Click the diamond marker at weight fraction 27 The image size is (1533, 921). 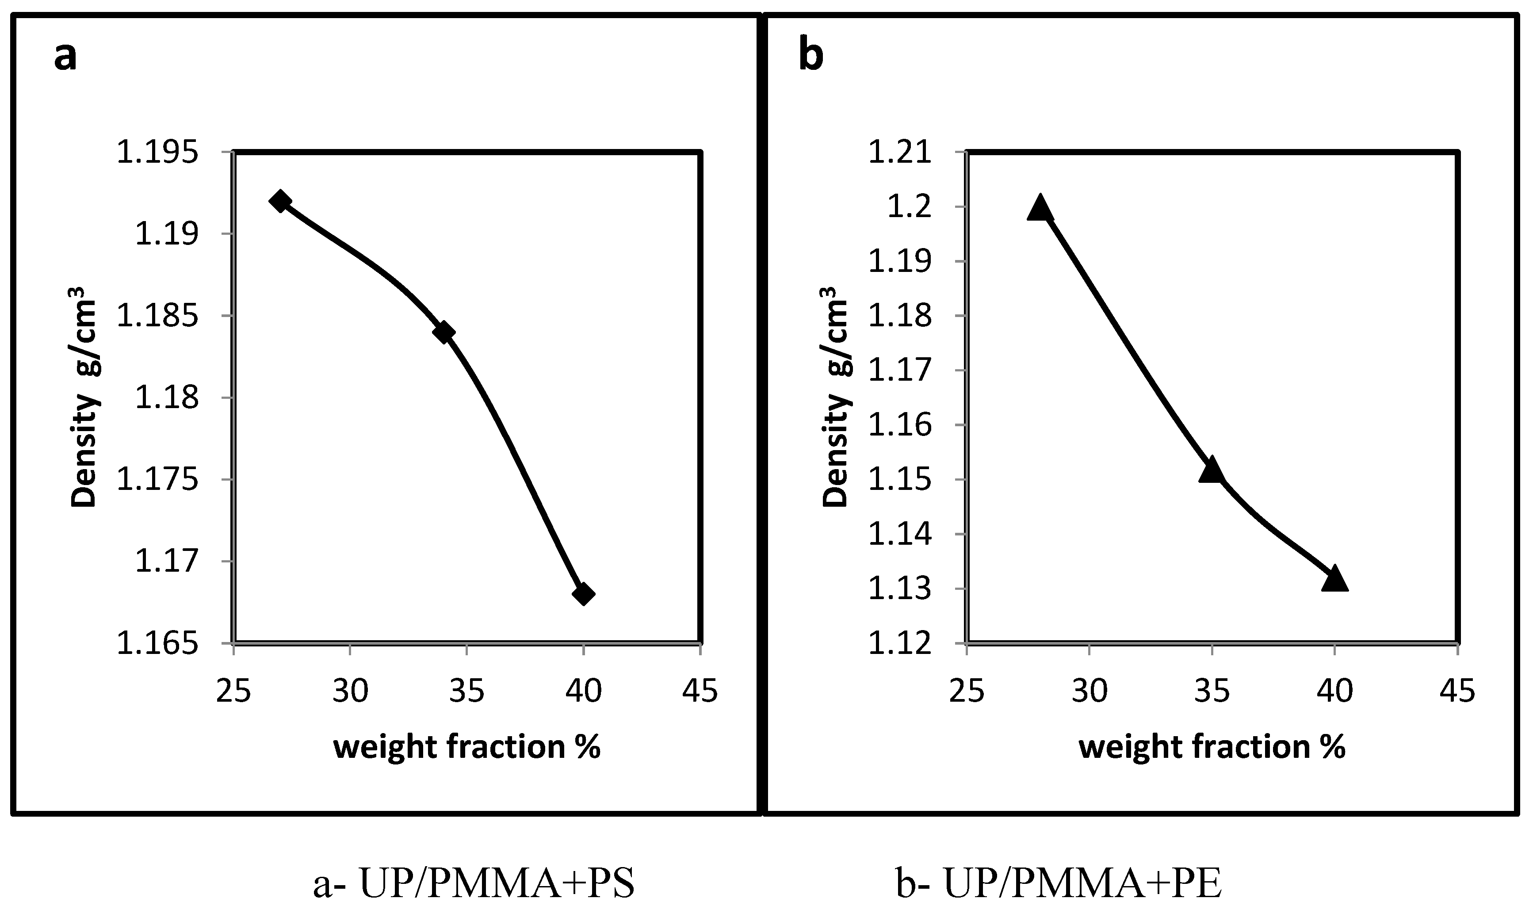coord(280,201)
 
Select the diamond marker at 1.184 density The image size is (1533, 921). coord(443,332)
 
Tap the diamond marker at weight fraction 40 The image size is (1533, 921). coord(583,594)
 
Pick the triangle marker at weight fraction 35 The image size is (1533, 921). coord(1212,470)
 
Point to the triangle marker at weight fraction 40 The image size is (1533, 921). coord(1334,579)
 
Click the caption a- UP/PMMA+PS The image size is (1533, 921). coord(474,884)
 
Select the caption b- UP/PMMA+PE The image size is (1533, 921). coord(1059,884)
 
